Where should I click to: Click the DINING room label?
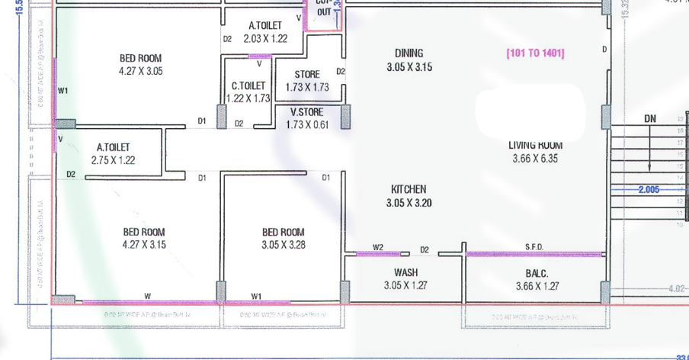(409, 53)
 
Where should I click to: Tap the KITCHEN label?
(409, 189)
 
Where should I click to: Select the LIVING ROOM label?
(535, 145)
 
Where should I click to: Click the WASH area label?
(405, 272)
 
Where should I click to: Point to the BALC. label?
(537, 272)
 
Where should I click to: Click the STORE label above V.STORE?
(307, 75)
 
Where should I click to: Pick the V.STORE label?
(307, 112)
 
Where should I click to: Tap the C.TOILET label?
(248, 86)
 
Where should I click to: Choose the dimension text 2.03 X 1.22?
(265, 38)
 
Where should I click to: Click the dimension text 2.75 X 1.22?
(113, 160)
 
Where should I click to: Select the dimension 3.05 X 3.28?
(283, 245)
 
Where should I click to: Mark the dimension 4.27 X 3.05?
(140, 71)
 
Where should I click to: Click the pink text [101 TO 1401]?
(535, 53)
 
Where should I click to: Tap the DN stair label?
(650, 118)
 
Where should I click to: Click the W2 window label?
(378, 246)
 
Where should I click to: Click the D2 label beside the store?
(341, 72)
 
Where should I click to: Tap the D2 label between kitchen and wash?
(425, 249)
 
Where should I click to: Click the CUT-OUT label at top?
(325, 8)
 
